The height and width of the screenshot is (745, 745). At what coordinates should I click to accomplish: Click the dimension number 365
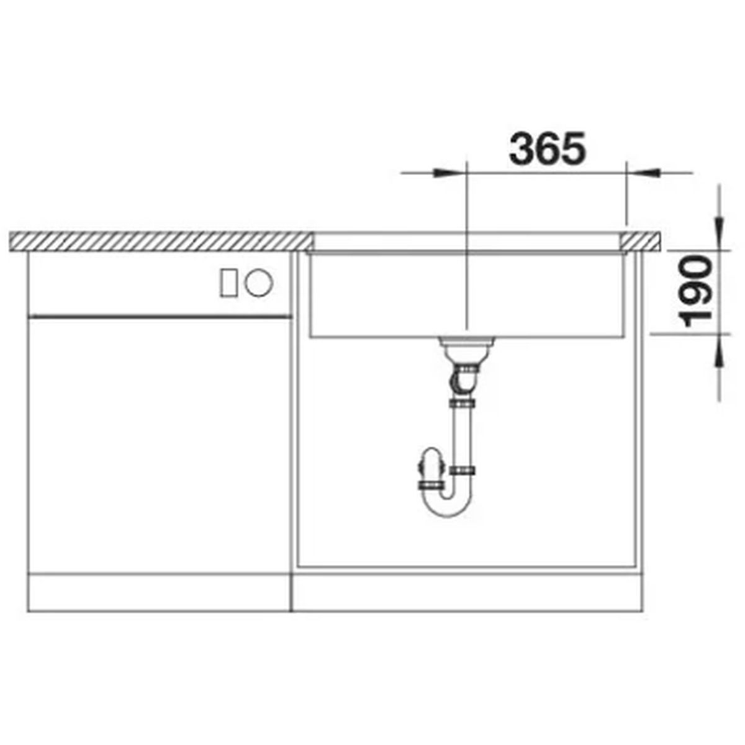click(x=547, y=149)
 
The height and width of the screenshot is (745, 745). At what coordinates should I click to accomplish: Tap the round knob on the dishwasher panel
click(x=259, y=283)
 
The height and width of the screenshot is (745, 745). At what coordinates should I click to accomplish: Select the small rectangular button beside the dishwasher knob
click(x=228, y=283)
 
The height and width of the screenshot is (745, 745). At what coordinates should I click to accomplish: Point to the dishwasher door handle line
click(x=160, y=316)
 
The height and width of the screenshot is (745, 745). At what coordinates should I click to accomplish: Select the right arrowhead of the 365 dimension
click(x=643, y=173)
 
